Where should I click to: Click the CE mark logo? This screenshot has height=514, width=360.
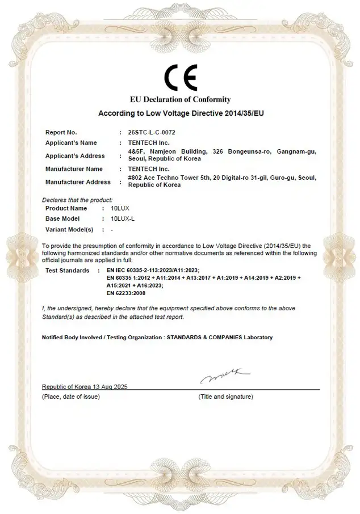[x=181, y=78]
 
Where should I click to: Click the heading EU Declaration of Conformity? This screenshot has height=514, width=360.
[x=181, y=100]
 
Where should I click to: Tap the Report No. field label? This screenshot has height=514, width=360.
[x=61, y=132]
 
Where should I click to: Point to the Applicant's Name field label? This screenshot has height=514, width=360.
[x=71, y=142]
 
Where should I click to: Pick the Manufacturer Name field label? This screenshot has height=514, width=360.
[x=74, y=169]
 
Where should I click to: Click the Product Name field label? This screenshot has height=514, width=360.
[x=66, y=208]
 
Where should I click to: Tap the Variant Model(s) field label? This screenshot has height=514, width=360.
[x=69, y=229]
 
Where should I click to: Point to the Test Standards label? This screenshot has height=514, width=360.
[x=67, y=271]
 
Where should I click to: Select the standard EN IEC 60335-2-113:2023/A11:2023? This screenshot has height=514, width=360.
[x=153, y=271]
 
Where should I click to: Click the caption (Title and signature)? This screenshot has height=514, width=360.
[x=225, y=397]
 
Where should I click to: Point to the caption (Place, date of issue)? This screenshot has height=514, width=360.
[x=71, y=397]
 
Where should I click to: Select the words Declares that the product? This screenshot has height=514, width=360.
[x=77, y=200]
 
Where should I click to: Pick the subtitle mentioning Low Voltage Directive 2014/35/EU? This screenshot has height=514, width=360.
[x=181, y=113]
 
